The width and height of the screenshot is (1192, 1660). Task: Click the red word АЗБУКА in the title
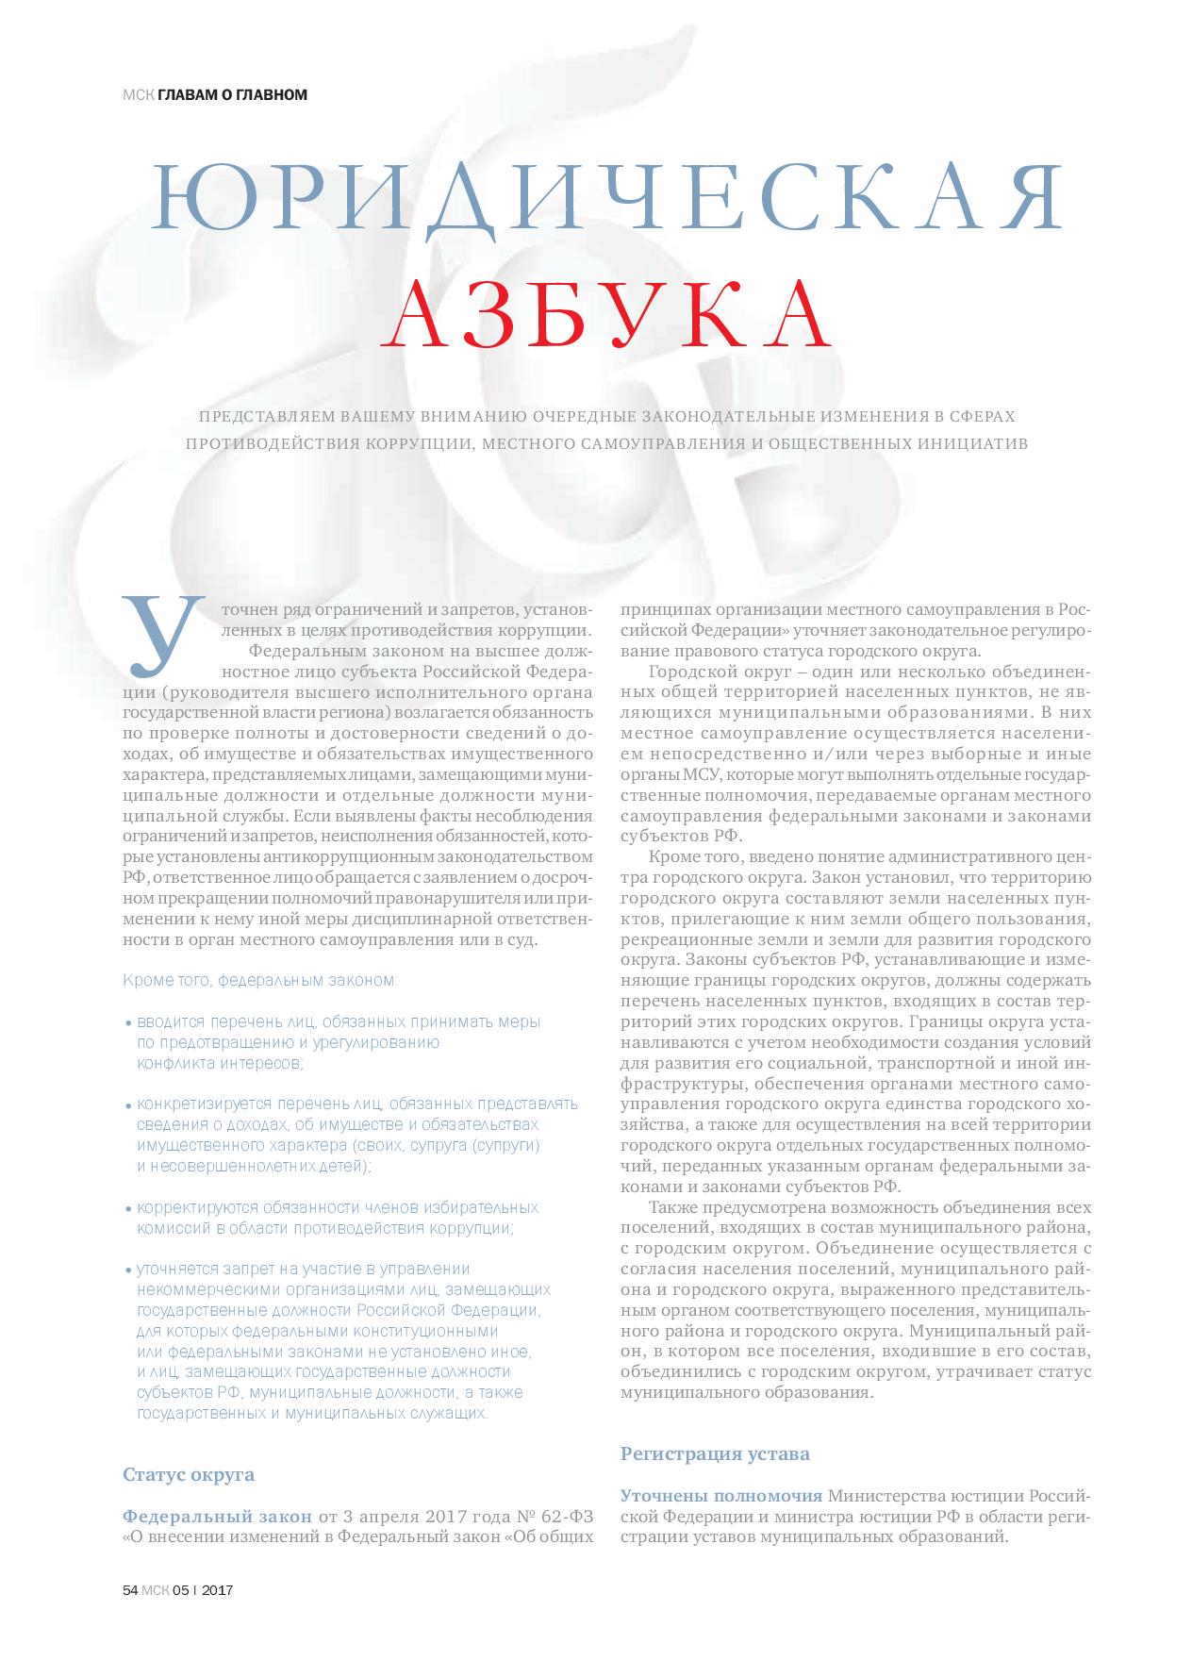point(607,314)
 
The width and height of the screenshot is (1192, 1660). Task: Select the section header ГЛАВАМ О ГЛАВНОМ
point(232,94)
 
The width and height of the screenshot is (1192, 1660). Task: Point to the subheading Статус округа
point(189,1473)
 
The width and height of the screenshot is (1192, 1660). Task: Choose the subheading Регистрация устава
point(715,1452)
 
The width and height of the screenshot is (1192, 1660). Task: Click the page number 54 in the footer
point(131,1590)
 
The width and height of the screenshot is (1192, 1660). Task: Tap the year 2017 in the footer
point(218,1590)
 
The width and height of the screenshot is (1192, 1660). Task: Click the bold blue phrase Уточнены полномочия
point(720,1496)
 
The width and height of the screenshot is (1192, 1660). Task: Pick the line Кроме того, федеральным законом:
point(260,980)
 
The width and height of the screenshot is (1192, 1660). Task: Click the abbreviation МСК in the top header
point(138,94)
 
